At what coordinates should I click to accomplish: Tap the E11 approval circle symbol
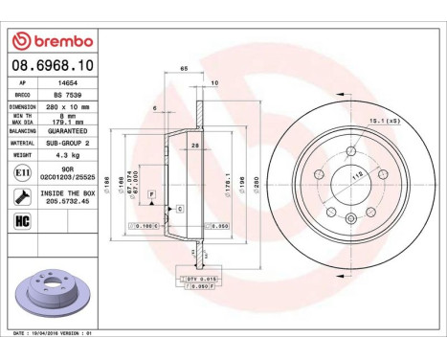(21, 173)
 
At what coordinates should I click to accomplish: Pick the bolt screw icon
(21, 197)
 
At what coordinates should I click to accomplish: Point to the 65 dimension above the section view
(182, 70)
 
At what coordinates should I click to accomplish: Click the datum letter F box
(150, 194)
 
